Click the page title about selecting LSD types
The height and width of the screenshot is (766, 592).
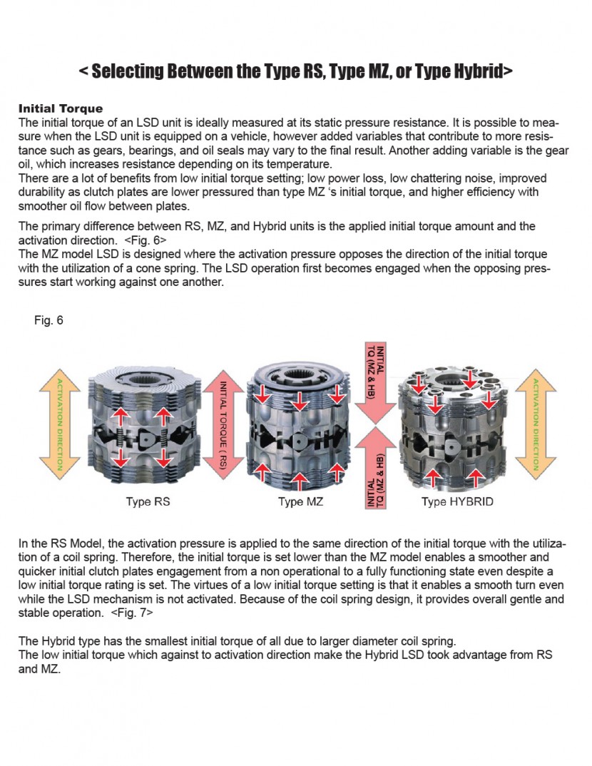295,71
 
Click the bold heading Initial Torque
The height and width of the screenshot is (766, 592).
61,109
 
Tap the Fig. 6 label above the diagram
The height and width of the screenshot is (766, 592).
49,320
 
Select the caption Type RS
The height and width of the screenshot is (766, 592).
148,501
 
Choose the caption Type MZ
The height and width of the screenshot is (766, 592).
300,501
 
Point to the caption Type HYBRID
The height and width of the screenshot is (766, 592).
457,501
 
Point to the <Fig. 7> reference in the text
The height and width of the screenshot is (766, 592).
132,612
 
